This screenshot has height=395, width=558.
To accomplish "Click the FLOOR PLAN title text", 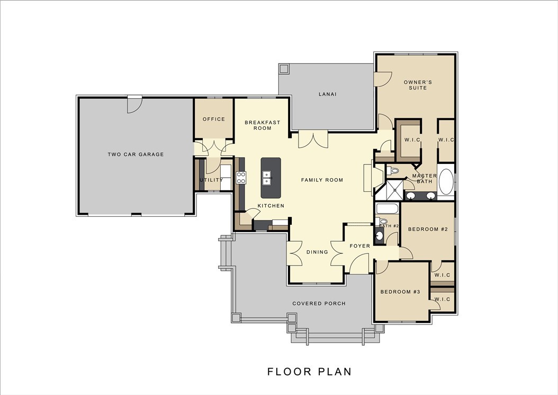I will (x=309, y=372).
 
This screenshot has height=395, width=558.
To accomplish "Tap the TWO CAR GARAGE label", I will (x=136, y=155).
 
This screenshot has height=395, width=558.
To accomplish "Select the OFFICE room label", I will (x=214, y=119).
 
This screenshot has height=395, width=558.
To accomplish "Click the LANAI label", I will (x=328, y=94).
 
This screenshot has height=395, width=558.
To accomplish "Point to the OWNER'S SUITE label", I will (x=418, y=85).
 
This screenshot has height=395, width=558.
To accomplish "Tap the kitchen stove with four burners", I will (x=241, y=178).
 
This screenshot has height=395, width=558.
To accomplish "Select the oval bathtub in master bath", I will (x=446, y=182).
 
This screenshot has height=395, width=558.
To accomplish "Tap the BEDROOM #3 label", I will (x=400, y=292).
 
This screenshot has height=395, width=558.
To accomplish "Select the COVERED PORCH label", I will (x=319, y=304).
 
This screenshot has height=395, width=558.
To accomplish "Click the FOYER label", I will (x=359, y=246).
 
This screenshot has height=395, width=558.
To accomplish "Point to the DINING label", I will (x=317, y=252).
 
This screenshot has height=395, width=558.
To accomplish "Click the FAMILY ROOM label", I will (x=322, y=180).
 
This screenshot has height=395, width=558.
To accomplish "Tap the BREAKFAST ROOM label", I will (x=262, y=125).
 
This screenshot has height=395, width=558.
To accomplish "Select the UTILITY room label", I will (x=211, y=180).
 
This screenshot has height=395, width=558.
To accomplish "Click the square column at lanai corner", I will (x=283, y=69).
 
